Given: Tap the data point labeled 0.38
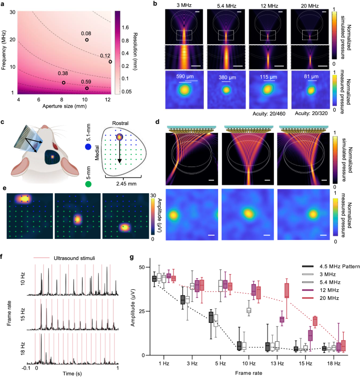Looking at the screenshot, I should click(64, 82).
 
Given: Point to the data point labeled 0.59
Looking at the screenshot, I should click(87, 88).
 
